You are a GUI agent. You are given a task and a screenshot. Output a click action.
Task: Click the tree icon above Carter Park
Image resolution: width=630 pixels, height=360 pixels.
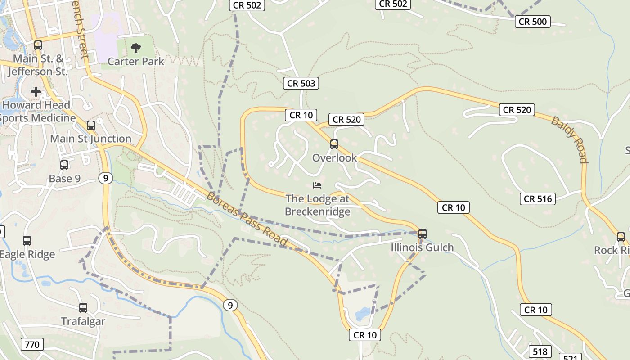coord(135,47)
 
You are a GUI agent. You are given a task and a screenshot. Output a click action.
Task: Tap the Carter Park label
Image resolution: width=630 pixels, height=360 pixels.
coord(136,61)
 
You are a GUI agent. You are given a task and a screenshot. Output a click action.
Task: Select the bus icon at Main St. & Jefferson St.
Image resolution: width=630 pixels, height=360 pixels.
coord(38,45)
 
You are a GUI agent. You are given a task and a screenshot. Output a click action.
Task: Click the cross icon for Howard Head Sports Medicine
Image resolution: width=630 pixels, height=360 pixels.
coord(36,92)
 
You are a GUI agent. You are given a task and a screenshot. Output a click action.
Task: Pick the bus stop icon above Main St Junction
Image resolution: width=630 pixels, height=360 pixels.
coord(91,126)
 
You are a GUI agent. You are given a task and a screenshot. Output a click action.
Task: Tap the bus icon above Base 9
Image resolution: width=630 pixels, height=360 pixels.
coord(64,165)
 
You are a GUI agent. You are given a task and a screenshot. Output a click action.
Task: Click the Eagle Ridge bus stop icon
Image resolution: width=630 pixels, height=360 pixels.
coord(27,241)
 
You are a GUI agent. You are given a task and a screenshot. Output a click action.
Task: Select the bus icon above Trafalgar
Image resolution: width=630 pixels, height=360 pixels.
coord(83,308)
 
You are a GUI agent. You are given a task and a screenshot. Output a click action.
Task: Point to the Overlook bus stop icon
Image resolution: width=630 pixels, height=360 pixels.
coord(334,144)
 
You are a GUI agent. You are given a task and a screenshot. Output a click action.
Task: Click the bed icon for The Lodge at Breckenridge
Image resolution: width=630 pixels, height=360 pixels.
coord(318,185)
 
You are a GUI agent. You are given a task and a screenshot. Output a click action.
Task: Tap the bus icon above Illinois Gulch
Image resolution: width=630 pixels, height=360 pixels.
coord(422,234)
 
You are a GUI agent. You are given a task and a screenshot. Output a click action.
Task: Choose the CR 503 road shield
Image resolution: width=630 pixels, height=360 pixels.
coord(301,83)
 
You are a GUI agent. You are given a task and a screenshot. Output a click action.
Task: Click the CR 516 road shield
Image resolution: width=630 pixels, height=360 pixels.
coord(538,198)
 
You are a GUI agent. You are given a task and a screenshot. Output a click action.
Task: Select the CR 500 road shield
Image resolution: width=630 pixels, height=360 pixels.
coord(533,22)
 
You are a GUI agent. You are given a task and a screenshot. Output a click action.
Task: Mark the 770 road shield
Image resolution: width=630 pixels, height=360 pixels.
coord(32,345)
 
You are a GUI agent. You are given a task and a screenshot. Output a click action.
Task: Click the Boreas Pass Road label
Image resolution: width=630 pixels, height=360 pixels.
coord(247,219)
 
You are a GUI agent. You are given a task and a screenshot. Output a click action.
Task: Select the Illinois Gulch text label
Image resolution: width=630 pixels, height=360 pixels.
coord(422,247)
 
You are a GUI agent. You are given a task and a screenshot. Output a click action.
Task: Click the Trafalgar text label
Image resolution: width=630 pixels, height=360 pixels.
coord(83,321)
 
